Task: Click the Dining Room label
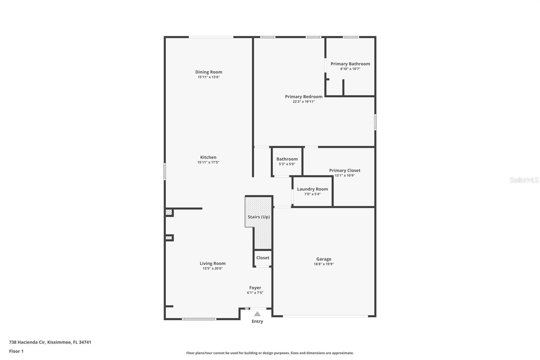pyautogui.click(x=209, y=72)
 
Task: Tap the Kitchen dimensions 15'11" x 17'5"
pyautogui.click(x=208, y=162)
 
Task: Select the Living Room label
pyautogui.click(x=212, y=263)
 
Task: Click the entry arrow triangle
pyautogui.click(x=257, y=314)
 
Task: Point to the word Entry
pyautogui.click(x=257, y=322)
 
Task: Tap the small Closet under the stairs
pyautogui.click(x=263, y=258)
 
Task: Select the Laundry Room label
pyautogui.click(x=312, y=189)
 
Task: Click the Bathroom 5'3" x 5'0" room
pyautogui.click(x=287, y=161)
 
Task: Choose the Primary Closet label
pyautogui.click(x=345, y=171)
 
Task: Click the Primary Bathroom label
pyautogui.click(x=350, y=64)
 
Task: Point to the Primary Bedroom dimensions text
pyautogui.click(x=303, y=102)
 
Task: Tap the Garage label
pyautogui.click(x=324, y=259)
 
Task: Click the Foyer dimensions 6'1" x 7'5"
pyautogui.click(x=255, y=293)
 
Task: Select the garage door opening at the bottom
pyautogui.click(x=325, y=316)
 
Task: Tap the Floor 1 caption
pyautogui.click(x=16, y=351)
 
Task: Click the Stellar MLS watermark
pyautogui.click(x=524, y=180)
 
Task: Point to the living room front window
pyautogui.click(x=199, y=319)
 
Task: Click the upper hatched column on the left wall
pyautogui.click(x=169, y=212)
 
